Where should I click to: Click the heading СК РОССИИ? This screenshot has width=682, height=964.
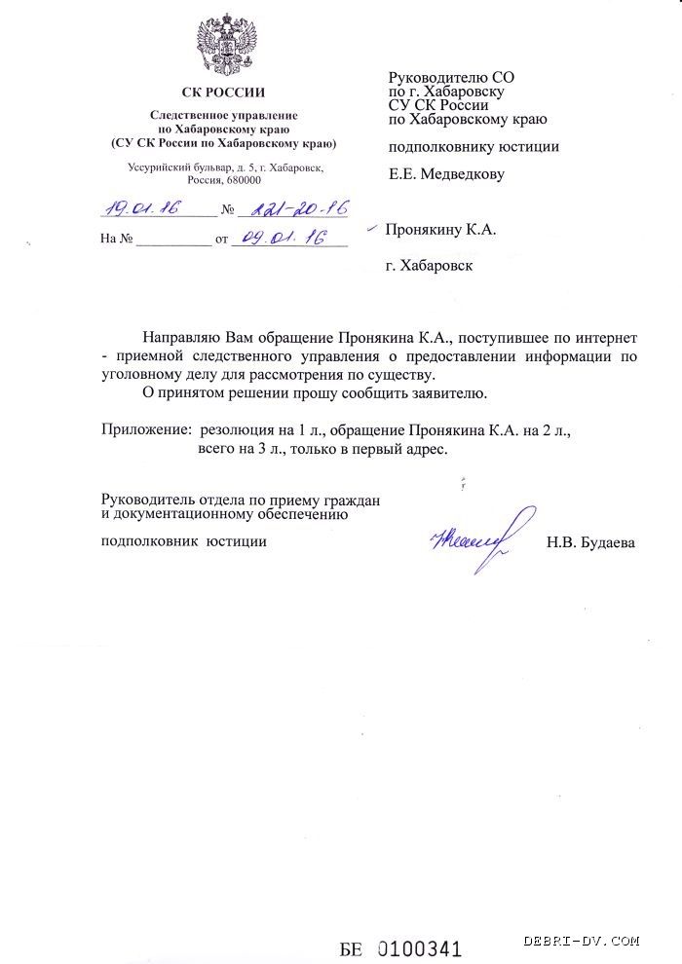(224, 94)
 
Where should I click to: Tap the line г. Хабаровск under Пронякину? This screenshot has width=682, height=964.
(429, 265)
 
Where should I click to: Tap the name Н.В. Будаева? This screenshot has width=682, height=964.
(590, 543)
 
